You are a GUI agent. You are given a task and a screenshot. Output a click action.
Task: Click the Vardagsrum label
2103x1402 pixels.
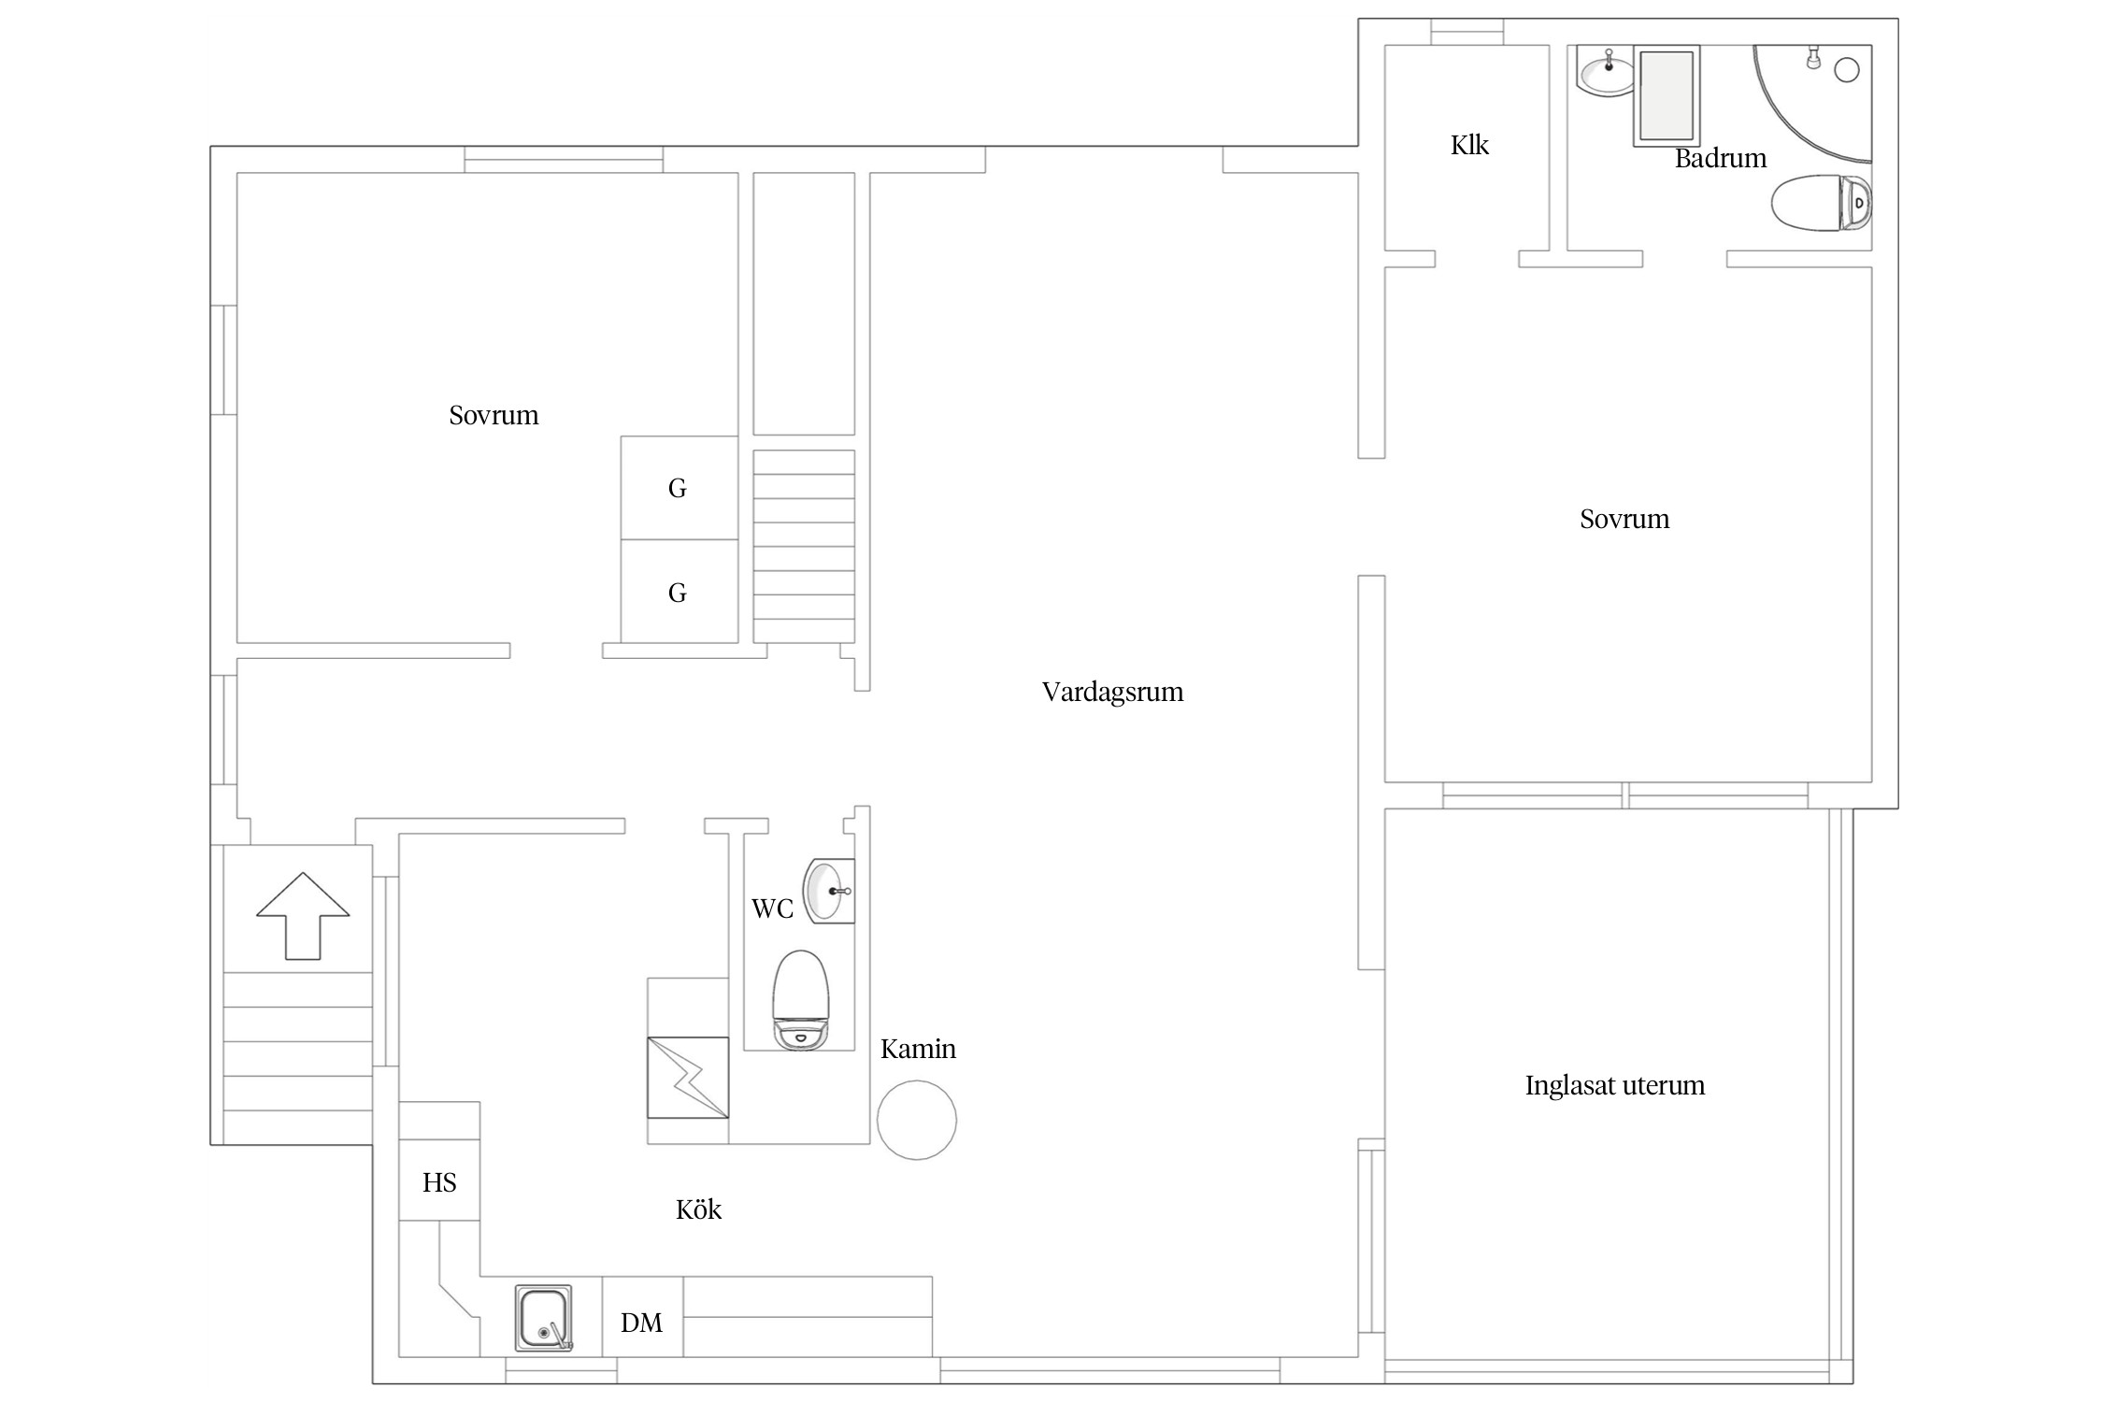pos(1112,693)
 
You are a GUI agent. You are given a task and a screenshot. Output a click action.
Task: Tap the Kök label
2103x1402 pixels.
pos(698,1210)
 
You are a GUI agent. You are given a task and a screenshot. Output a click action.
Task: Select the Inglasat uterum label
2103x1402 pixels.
pos(1615,1085)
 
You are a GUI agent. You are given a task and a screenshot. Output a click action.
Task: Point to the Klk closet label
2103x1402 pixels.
pos(1469,145)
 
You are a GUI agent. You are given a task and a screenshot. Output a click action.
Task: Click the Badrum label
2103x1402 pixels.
pos(1720,159)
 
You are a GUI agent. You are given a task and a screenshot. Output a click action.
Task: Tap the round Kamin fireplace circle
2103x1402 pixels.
pos(917,1120)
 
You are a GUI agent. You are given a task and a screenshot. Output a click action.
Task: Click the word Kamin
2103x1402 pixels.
pos(918,1049)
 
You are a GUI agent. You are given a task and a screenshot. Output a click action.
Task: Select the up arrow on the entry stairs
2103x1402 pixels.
pos(303,916)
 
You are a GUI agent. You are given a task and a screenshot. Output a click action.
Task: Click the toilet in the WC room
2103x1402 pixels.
pos(801,1000)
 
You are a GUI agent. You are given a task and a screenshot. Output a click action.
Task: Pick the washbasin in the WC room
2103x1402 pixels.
pos(829,891)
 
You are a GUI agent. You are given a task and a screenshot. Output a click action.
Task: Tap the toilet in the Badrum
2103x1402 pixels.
pos(1822,203)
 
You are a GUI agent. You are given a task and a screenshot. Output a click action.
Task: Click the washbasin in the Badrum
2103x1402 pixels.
pos(1605,71)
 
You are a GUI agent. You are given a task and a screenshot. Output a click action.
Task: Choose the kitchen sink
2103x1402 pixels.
pos(543,1318)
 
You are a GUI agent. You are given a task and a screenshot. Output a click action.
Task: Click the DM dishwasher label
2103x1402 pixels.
pos(641,1323)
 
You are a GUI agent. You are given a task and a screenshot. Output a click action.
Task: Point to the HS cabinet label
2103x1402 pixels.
pos(439,1183)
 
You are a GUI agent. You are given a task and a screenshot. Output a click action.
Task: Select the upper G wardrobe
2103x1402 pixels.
pos(680,488)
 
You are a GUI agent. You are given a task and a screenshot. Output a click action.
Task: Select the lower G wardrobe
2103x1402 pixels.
pos(680,592)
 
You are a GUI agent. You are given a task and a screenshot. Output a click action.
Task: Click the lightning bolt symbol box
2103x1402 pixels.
pos(688,1078)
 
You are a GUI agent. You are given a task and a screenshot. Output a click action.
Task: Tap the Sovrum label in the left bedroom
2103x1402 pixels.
pos(494,416)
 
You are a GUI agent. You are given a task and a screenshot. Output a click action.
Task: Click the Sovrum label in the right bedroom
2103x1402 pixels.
pos(1624,520)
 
